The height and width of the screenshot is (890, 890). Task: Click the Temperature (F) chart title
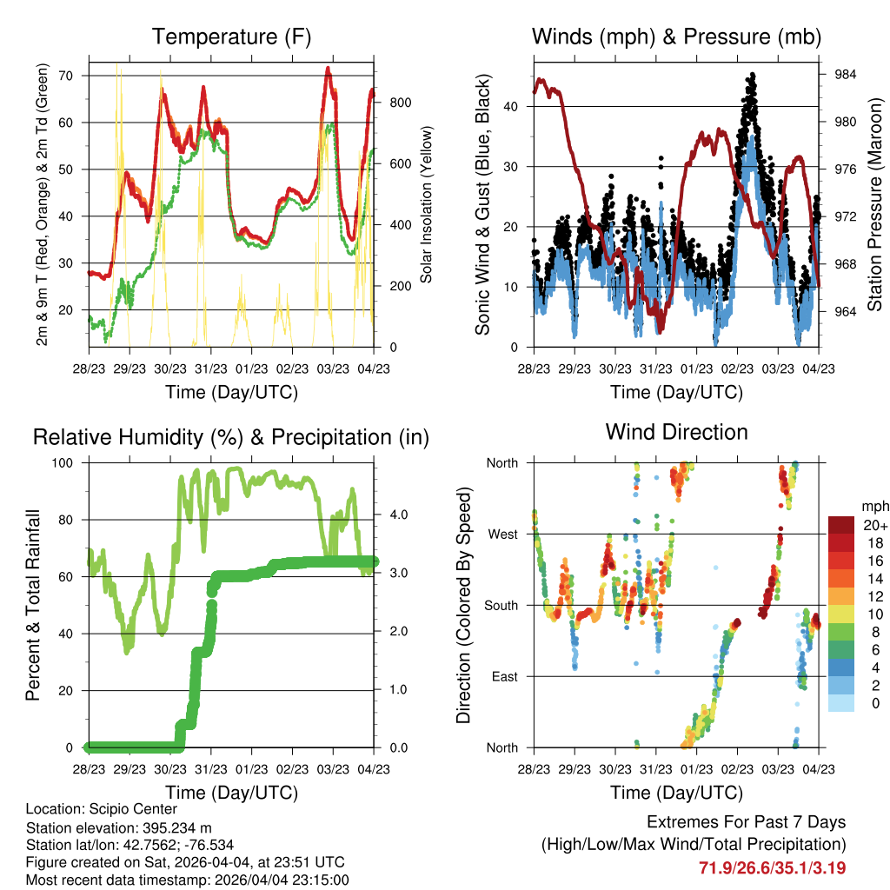tap(231, 37)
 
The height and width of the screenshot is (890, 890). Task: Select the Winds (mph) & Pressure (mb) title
tap(676, 37)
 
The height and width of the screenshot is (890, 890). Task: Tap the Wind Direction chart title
tap(676, 432)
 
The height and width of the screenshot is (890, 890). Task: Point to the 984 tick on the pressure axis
tap(845, 75)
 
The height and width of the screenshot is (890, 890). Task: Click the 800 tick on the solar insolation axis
tap(400, 103)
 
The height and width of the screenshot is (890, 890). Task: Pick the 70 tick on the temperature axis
tap(66, 76)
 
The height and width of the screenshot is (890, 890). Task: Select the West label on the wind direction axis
tap(502, 535)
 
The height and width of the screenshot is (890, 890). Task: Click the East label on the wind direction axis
tap(505, 676)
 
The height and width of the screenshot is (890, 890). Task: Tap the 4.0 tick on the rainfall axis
tap(398, 515)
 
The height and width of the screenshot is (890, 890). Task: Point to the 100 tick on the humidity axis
tap(63, 463)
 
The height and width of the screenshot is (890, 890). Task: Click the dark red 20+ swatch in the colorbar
tap(840, 525)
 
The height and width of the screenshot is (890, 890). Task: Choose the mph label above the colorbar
tap(875, 507)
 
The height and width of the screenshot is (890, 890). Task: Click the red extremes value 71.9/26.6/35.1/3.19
tap(772, 868)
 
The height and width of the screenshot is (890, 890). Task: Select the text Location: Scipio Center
tap(102, 809)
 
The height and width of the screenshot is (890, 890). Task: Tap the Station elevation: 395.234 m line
tap(118, 827)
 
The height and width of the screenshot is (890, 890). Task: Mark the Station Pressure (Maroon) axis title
tap(874, 204)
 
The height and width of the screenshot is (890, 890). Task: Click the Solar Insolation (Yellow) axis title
tap(426, 204)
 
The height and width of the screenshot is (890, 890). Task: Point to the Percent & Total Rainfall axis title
tap(33, 605)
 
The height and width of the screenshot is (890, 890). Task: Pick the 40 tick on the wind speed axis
tap(510, 107)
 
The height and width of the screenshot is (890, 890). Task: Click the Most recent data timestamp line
tap(188, 880)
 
